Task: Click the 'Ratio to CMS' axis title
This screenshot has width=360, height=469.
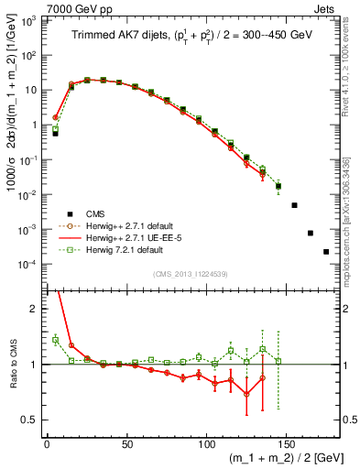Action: (x=10, y=364)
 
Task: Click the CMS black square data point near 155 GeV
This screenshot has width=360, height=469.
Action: (x=294, y=205)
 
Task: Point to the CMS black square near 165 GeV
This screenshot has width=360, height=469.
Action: (x=311, y=233)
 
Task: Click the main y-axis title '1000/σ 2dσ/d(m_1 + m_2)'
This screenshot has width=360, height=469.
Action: (x=10, y=147)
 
